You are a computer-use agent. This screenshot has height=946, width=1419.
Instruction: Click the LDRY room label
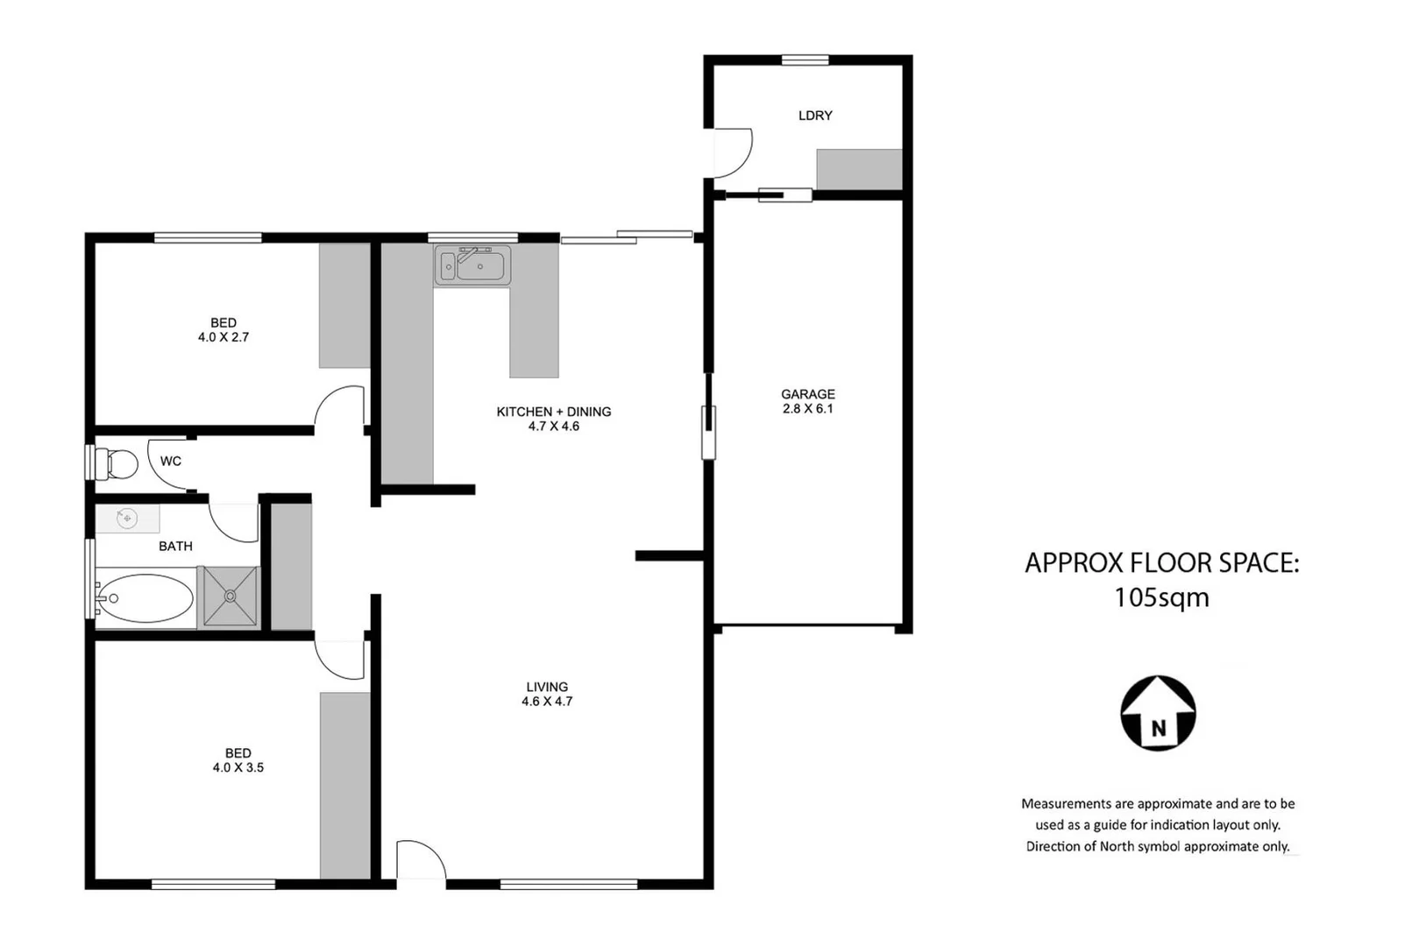815,116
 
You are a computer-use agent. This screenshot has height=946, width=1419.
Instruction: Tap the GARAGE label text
807,394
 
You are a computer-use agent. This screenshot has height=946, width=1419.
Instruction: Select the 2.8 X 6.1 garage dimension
807,409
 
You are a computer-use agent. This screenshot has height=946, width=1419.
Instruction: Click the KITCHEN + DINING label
553,412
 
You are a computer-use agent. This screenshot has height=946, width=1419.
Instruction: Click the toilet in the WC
118,463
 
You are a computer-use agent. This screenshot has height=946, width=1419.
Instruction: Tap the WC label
171,462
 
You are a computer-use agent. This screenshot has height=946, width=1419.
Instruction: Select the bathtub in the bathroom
145,598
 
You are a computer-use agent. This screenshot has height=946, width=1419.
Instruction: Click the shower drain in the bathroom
231,596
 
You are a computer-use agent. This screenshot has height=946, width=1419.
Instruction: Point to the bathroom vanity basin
128,519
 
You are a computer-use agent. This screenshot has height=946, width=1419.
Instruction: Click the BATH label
175,547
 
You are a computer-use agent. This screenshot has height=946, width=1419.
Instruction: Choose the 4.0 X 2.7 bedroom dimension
223,337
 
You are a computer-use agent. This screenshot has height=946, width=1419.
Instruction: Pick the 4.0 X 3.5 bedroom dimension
238,767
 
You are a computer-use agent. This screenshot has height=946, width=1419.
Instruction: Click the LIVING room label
547,687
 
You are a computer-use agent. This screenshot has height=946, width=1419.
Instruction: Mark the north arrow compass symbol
1158,713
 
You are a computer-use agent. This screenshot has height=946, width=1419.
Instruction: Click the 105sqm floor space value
1161,597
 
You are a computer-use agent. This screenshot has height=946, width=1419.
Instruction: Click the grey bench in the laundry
859,169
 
